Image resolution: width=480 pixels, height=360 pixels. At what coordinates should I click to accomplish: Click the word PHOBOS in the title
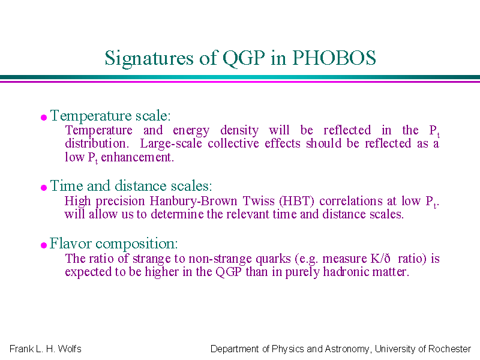(x=334, y=58)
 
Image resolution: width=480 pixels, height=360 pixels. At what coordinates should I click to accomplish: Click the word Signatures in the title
(x=149, y=59)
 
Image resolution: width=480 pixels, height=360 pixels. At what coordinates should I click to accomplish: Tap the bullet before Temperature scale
(x=44, y=118)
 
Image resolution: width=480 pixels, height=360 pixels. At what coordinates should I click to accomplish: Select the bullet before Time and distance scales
(x=44, y=188)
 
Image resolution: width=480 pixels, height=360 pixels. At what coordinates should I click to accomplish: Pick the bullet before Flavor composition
(x=44, y=245)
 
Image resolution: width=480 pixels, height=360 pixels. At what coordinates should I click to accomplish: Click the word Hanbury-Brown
(x=193, y=202)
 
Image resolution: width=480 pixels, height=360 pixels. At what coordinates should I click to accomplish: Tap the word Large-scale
(x=171, y=144)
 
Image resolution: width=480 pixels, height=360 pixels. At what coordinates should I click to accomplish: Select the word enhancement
(x=137, y=157)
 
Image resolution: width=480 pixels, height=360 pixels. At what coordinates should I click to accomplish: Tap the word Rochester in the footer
(x=449, y=349)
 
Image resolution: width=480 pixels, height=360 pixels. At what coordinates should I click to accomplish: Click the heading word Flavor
(x=70, y=244)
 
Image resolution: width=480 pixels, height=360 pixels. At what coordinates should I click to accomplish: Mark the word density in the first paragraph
(x=239, y=131)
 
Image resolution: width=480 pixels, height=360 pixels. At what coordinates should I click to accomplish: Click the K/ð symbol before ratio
(x=380, y=259)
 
